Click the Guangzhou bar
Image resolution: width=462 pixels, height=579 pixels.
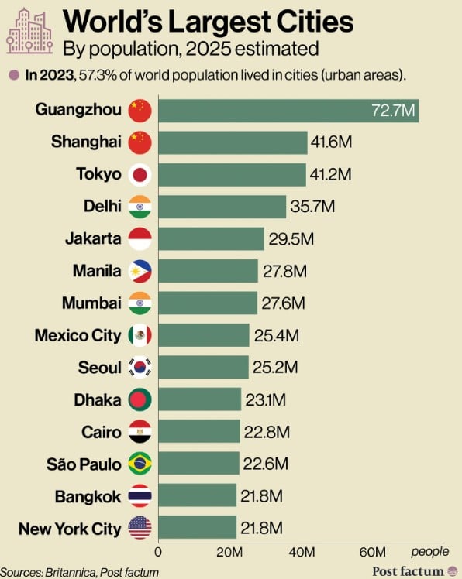288,111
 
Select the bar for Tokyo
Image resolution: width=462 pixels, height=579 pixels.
233,175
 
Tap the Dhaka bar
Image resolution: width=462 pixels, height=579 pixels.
200,399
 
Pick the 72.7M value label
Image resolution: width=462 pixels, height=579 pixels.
393,111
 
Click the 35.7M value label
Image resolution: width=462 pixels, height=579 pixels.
312,207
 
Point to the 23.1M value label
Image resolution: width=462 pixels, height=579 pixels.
266,400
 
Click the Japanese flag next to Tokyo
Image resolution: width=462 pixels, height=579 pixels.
140,175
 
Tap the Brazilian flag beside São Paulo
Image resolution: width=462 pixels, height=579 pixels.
140,464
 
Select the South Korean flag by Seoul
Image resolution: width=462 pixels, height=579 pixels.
140,367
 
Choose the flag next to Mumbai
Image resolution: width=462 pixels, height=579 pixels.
140,303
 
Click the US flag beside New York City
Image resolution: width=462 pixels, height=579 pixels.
140,528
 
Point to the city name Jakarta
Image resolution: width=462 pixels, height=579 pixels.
93,238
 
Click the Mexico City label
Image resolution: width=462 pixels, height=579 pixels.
78,336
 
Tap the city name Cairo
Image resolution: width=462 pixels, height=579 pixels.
102,432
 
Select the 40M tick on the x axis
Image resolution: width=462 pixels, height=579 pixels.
302,552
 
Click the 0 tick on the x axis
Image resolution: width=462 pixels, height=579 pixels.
158,552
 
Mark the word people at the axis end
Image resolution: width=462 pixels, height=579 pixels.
429,552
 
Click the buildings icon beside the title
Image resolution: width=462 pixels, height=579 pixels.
29,31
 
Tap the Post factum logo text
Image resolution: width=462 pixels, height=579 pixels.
408,571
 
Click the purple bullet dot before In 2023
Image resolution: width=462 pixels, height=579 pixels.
14,75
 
